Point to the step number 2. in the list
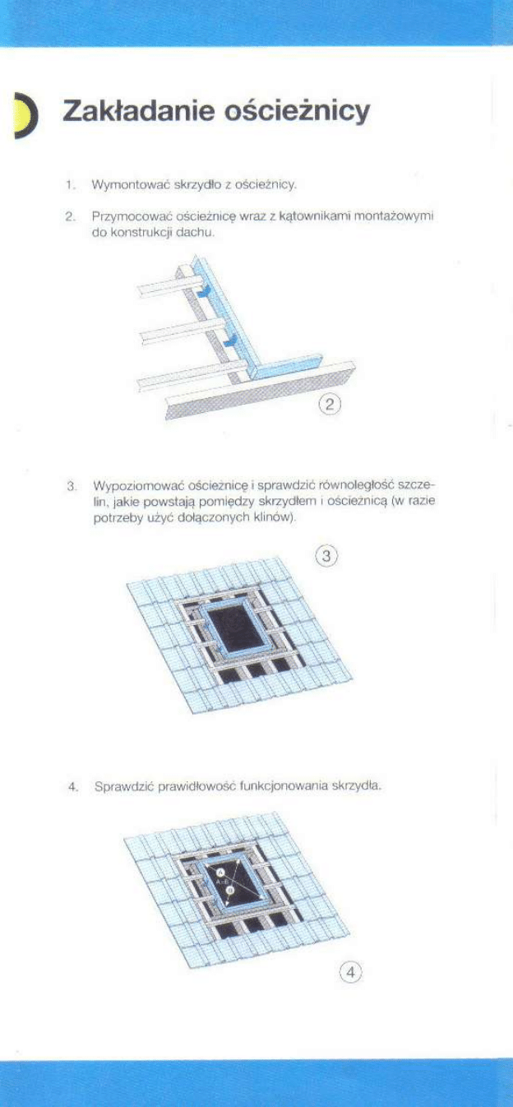pos(71,217)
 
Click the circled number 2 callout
pos(330,404)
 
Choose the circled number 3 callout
pos(326,557)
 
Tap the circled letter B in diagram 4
pos(231,890)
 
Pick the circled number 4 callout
pos(351,972)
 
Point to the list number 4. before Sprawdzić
pos(73,786)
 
